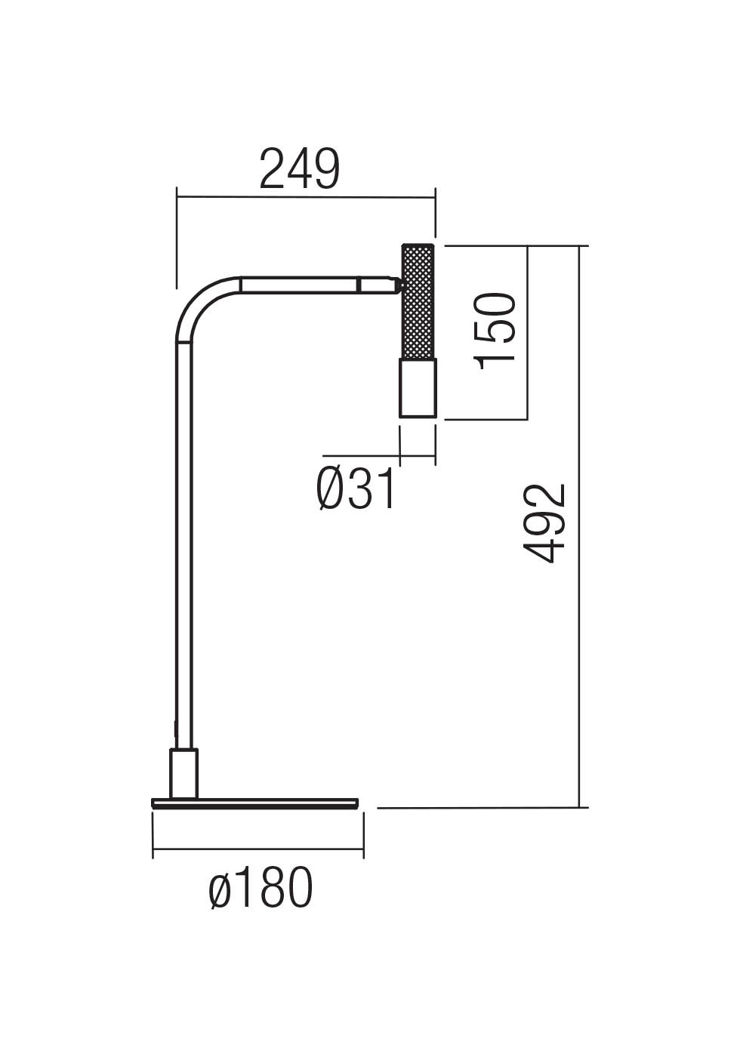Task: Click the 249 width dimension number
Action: click(300, 169)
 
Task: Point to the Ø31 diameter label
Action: click(355, 489)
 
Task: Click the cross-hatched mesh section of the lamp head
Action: click(418, 302)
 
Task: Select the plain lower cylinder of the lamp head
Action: click(418, 388)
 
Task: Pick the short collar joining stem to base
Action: click(184, 773)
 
